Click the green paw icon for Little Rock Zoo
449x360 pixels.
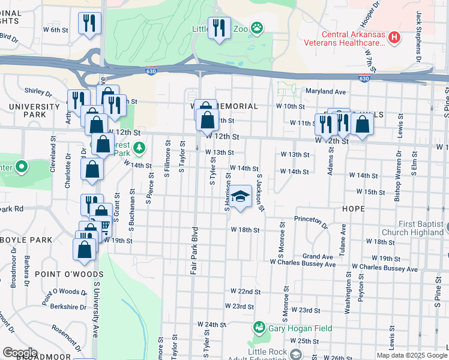click(257, 28)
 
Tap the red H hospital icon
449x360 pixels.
click(394, 38)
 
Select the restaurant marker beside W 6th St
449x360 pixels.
click(89, 23)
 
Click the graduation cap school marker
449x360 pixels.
click(240, 196)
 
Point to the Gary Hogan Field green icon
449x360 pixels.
click(259, 327)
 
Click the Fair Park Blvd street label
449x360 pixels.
click(194, 250)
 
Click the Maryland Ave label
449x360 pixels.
click(327, 92)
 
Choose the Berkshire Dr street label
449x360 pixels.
click(69, 307)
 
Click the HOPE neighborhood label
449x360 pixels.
click(353, 209)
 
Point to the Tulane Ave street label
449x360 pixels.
click(343, 238)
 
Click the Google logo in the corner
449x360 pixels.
click(20, 352)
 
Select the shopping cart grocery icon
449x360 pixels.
click(104, 226)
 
